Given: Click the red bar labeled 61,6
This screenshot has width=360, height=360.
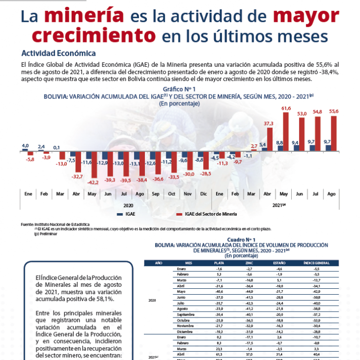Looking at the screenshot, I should [x=286, y=131].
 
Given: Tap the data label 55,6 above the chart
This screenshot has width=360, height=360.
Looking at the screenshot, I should [x=334, y=111].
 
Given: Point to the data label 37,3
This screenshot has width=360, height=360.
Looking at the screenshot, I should [x=269, y=123].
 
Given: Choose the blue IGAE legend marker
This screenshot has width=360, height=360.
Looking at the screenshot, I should [x=119, y=214].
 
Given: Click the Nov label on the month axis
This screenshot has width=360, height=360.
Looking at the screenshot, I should [x=187, y=194].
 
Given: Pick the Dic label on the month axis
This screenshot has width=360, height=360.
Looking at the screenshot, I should [x=203, y=194].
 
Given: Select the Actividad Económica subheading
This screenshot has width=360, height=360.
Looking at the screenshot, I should [x=58, y=53].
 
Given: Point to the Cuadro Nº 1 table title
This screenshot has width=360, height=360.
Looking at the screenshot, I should [x=240, y=239].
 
